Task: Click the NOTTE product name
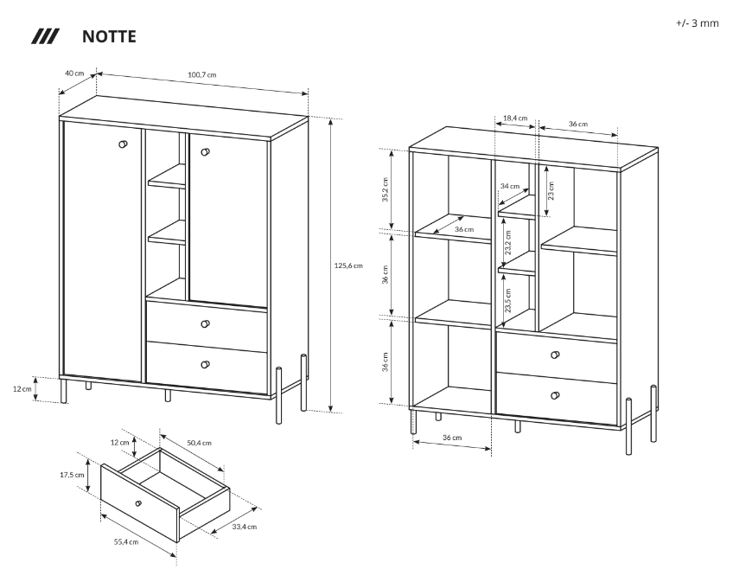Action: click(108, 37)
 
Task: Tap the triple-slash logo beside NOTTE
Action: click(45, 37)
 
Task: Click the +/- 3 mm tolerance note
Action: click(697, 22)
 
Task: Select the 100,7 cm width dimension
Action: click(201, 75)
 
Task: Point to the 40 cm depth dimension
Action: click(74, 73)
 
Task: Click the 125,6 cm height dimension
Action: click(348, 265)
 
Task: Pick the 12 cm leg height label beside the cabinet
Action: click(22, 389)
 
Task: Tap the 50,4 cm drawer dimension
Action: click(199, 443)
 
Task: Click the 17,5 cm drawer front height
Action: click(72, 475)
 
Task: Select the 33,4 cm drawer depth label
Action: click(244, 526)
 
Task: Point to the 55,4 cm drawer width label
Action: click(126, 541)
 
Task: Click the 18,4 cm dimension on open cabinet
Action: click(515, 118)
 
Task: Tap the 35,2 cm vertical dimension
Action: click(386, 189)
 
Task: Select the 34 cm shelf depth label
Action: click(510, 186)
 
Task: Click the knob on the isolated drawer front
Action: click(137, 502)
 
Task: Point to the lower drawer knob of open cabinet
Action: click(555, 396)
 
